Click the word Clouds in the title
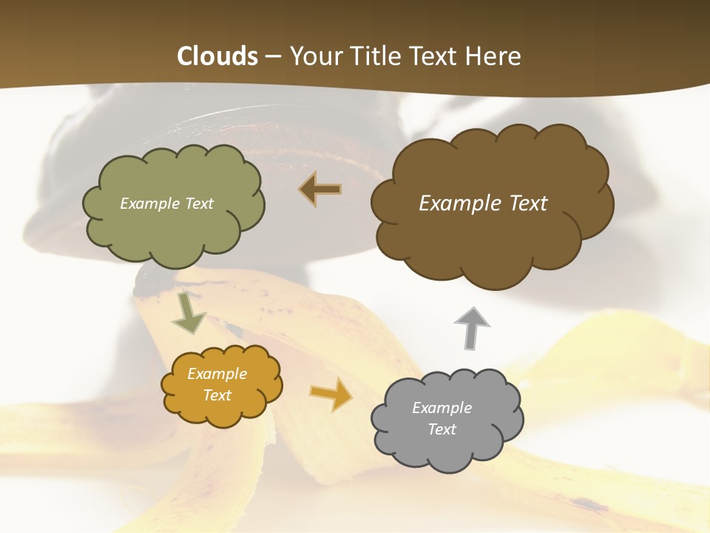(217, 56)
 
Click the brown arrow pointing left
(319, 190)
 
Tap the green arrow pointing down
(188, 312)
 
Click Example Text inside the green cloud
(166, 204)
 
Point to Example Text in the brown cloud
(483, 204)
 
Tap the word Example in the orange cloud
(217, 374)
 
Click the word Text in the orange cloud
(217, 395)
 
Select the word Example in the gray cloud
(442, 408)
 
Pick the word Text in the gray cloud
(442, 429)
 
